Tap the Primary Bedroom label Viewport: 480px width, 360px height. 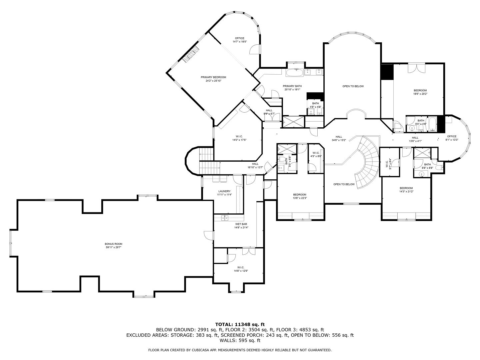point(213,79)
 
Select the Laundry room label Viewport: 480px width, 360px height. point(224,193)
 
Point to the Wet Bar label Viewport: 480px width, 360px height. point(241,226)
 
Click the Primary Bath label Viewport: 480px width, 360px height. point(293,88)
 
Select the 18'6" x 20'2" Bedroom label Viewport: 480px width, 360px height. point(420,92)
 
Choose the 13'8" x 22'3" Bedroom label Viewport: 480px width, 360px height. point(300,196)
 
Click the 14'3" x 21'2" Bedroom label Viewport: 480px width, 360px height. point(406,190)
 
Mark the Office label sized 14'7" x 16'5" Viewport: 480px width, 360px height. point(239,40)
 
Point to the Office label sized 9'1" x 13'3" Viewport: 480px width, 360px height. point(452,138)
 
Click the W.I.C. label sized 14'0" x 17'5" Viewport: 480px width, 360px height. point(239,138)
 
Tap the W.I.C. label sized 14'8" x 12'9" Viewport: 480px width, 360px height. point(241,269)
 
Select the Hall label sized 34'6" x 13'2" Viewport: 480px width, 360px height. point(339,138)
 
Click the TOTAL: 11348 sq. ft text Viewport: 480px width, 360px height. point(240,324)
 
